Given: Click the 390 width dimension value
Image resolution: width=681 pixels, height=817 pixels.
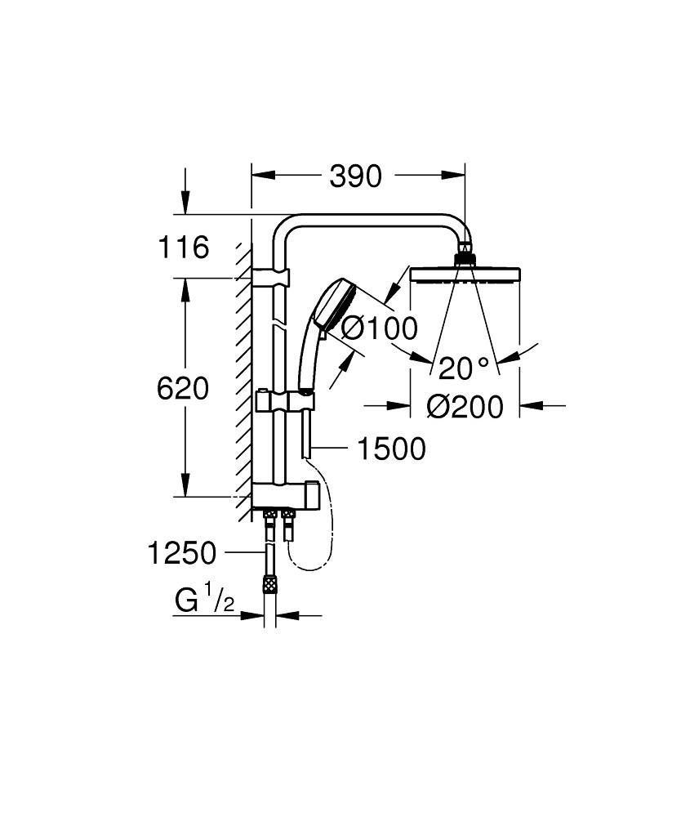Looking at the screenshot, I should (356, 176).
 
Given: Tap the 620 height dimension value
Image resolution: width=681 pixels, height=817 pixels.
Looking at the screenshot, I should (183, 388).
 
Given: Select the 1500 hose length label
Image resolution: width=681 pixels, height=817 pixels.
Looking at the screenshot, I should (391, 449).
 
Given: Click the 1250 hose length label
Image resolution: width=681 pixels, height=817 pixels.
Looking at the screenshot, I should (181, 554).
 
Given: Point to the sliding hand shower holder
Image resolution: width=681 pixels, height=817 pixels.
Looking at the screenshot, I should (287, 404).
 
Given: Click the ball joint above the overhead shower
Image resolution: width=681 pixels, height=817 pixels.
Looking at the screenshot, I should (465, 253).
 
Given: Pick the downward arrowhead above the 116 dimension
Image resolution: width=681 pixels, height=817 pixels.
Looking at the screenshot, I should (186, 204).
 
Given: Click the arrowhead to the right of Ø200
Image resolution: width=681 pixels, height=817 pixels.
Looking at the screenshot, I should (531, 404).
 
